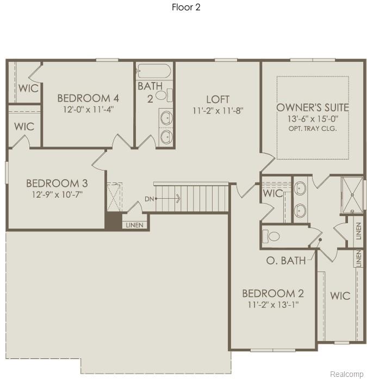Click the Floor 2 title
point(186,7)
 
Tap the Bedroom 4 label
point(88,98)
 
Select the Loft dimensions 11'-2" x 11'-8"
point(218,111)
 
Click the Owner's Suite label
point(313,108)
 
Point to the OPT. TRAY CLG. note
point(313,128)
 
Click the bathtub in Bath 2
point(153,71)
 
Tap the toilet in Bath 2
point(164,95)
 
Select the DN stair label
point(149,199)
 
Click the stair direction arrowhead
point(179,199)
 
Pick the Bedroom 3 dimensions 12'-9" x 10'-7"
point(58,194)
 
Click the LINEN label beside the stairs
point(135,225)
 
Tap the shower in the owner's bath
point(352,195)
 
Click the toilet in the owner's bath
point(271,236)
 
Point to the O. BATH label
point(286,260)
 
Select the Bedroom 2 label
point(273,293)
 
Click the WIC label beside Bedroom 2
point(340,295)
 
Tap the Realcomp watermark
point(347,374)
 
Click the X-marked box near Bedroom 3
point(114,197)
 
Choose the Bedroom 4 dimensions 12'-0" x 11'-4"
point(89,109)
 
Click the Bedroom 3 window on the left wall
point(7,173)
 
